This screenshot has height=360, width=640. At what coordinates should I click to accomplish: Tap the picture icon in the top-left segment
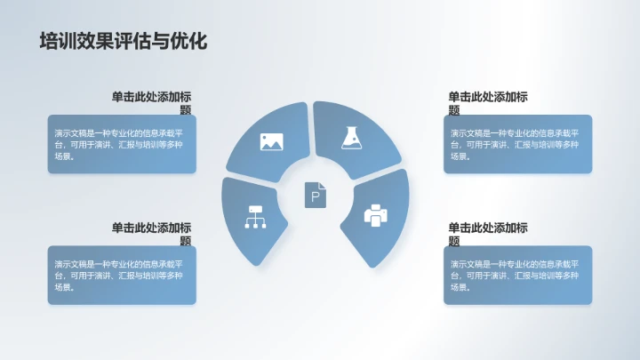click(x=271, y=140)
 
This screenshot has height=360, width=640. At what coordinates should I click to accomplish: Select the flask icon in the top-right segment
click(x=353, y=137)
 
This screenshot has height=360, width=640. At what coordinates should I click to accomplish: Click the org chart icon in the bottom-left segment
click(x=256, y=217)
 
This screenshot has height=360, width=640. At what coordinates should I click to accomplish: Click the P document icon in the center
click(x=316, y=195)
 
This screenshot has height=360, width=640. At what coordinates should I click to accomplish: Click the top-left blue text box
click(x=122, y=143)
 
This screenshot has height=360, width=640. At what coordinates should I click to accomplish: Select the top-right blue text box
click(x=517, y=143)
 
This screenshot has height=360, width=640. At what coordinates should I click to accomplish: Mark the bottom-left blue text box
click(x=122, y=275)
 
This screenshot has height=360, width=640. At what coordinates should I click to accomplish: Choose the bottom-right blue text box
click(x=517, y=275)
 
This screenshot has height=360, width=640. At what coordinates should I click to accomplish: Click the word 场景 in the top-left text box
click(x=63, y=156)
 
